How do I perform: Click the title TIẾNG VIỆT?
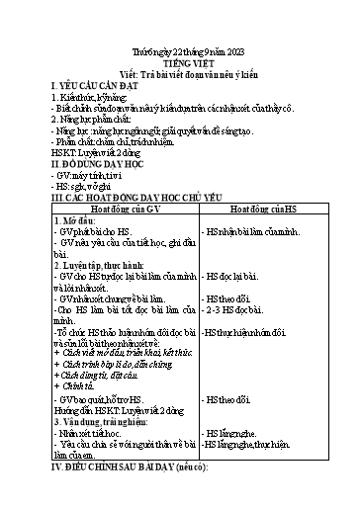point(180,58)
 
